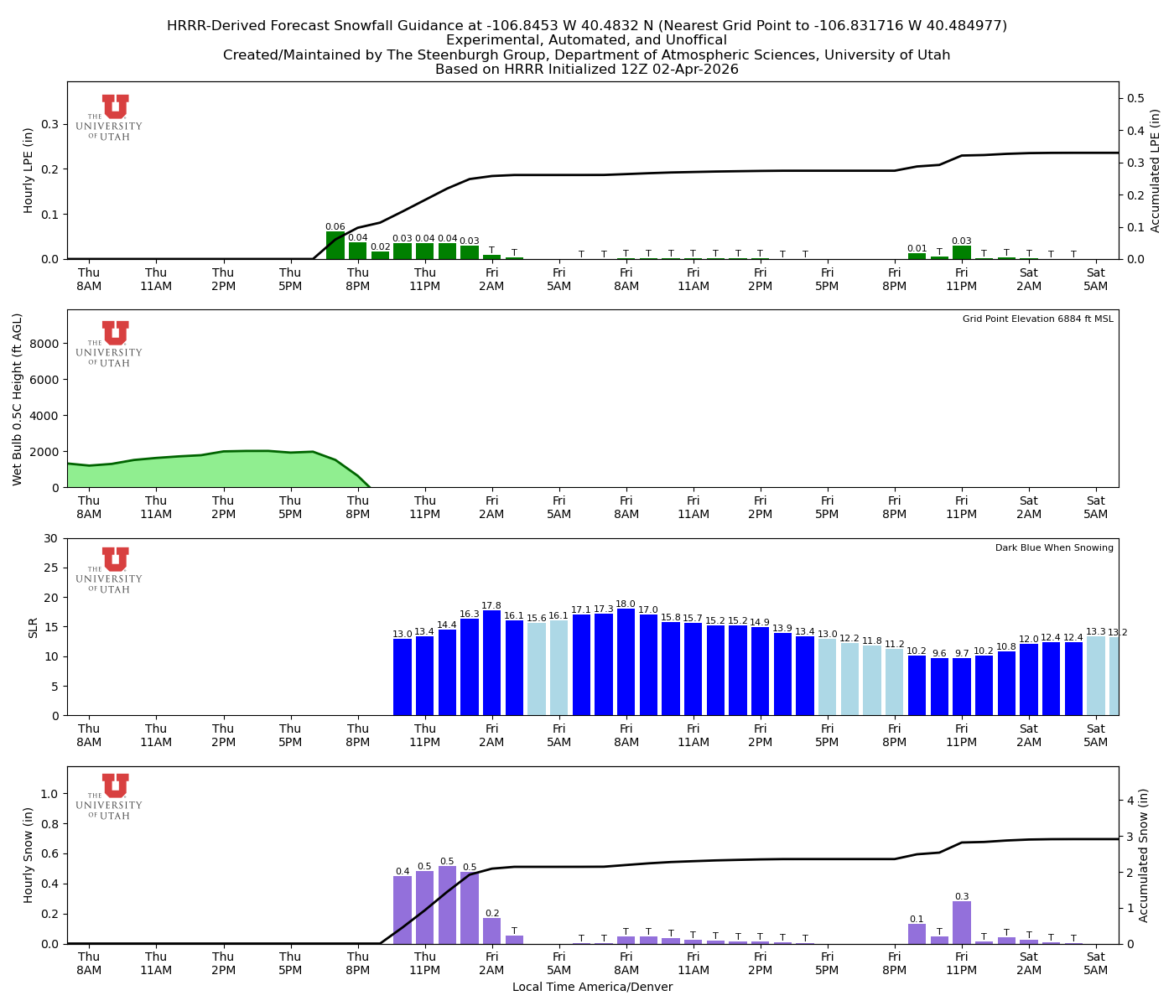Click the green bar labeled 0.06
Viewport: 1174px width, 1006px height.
tap(335, 246)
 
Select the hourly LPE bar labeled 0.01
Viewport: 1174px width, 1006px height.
tap(917, 256)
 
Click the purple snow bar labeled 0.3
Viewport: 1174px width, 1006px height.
tap(962, 922)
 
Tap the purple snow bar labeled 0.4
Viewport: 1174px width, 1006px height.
tap(403, 910)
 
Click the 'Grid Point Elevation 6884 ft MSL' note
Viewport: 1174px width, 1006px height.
tap(1037, 319)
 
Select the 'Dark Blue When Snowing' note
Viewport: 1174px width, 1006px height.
tap(1054, 548)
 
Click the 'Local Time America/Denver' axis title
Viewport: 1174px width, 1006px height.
tap(592, 988)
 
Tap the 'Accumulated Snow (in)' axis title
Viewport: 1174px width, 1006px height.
tap(1144, 855)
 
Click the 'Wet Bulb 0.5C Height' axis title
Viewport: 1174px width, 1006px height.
tap(18, 399)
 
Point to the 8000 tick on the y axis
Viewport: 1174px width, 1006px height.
tap(46, 344)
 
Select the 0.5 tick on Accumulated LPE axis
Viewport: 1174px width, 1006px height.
tap(1136, 98)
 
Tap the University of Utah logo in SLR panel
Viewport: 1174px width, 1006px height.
tap(115, 570)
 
